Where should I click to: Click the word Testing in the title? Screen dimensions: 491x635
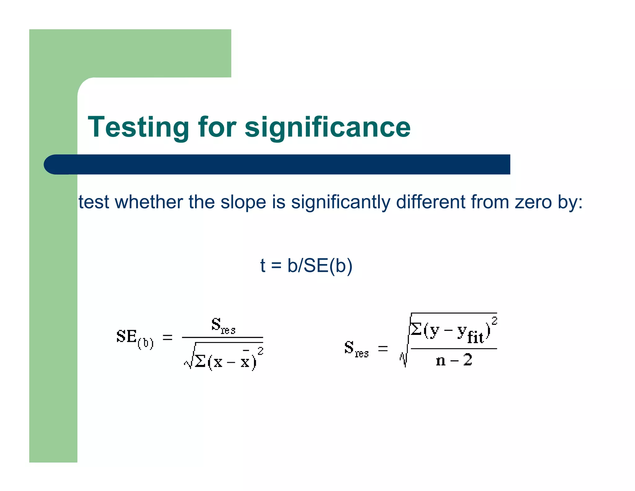pos(138,127)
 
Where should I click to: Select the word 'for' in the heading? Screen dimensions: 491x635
pos(217,127)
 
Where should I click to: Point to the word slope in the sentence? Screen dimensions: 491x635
pos(243,202)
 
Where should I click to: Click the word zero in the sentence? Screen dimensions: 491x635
pos(533,202)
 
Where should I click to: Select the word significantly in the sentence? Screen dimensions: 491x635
pos(341,202)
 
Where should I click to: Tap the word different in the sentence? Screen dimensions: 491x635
pos(431,202)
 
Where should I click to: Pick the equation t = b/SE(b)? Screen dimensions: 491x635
pos(306,266)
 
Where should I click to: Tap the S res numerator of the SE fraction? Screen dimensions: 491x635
pos(223,325)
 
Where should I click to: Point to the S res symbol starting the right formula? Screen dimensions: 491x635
pos(356,348)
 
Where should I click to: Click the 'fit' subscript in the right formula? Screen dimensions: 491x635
pos(475,337)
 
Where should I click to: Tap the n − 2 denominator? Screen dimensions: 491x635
pos(454,360)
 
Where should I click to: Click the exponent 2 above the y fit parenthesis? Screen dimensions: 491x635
pos(494,321)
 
